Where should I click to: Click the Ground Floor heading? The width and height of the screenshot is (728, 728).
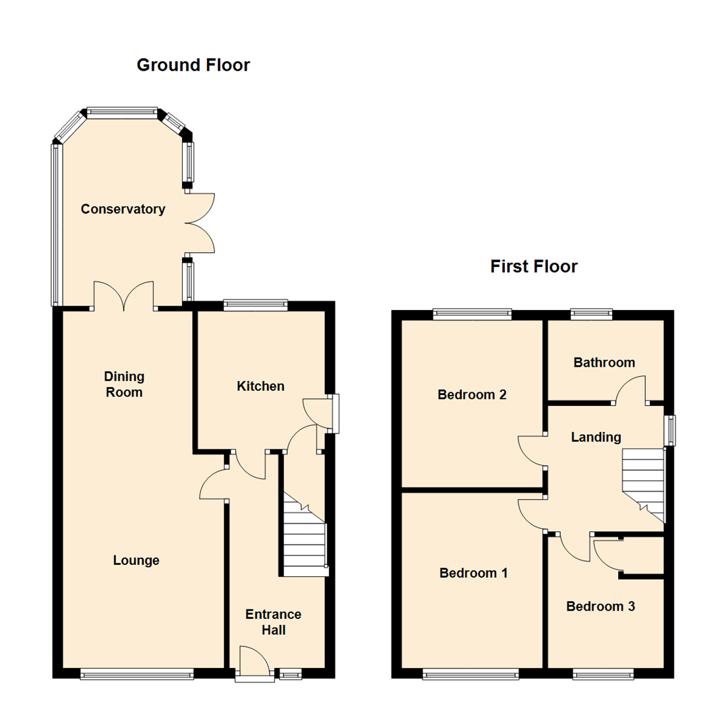tap(193, 65)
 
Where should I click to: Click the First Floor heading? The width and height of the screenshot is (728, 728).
tap(533, 267)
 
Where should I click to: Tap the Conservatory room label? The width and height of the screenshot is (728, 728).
tap(123, 209)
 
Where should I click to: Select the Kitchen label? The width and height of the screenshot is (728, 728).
tap(260, 386)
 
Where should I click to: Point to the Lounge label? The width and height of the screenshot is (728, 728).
tap(136, 560)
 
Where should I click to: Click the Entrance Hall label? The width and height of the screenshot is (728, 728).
tap(273, 622)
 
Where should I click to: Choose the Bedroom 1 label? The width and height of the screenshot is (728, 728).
tap(473, 573)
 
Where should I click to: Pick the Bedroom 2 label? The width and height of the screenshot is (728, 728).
tap(472, 395)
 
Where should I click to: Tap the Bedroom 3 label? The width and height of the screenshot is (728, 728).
tap(600, 607)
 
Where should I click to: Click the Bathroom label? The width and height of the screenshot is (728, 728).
tap(604, 363)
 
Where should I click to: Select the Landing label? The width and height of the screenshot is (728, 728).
tap(596, 437)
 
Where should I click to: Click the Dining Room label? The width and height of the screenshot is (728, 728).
tap(124, 384)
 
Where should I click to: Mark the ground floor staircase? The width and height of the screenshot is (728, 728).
tap(305, 539)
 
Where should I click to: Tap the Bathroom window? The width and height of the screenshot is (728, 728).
tap(591, 313)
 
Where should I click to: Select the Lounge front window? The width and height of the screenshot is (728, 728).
tap(137, 673)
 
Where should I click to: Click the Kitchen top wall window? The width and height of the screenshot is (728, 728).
tap(255, 305)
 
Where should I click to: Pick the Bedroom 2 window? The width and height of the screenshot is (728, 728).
tap(472, 313)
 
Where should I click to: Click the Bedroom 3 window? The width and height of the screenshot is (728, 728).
tap(603, 673)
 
